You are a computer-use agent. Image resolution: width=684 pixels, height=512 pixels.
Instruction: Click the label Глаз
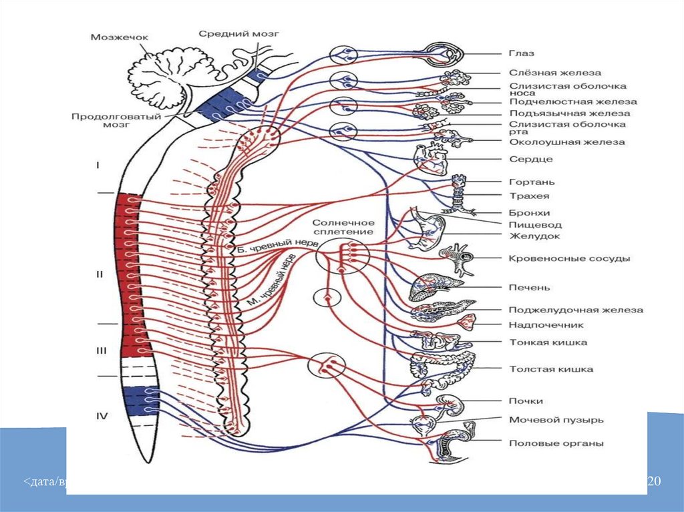(x=521, y=53)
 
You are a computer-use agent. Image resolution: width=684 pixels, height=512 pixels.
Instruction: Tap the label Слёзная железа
(x=554, y=73)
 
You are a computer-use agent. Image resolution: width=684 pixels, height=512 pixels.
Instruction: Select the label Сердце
(x=530, y=160)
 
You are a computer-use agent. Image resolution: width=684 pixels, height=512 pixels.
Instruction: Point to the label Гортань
(x=532, y=182)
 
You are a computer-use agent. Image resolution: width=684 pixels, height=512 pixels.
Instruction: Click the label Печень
(x=529, y=288)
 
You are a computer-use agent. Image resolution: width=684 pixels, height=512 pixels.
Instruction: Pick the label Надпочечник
(x=546, y=325)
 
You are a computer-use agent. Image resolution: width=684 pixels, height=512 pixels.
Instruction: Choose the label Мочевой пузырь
(x=556, y=420)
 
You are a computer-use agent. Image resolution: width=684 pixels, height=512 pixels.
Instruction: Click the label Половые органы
(x=556, y=443)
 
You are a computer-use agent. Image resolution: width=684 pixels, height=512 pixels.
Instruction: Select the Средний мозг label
(x=238, y=33)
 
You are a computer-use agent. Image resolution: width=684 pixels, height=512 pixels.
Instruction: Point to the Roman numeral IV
(x=102, y=417)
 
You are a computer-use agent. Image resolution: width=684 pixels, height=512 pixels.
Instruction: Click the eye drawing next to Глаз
(x=444, y=53)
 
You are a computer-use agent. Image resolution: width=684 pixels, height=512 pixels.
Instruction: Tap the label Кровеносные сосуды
(x=569, y=258)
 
